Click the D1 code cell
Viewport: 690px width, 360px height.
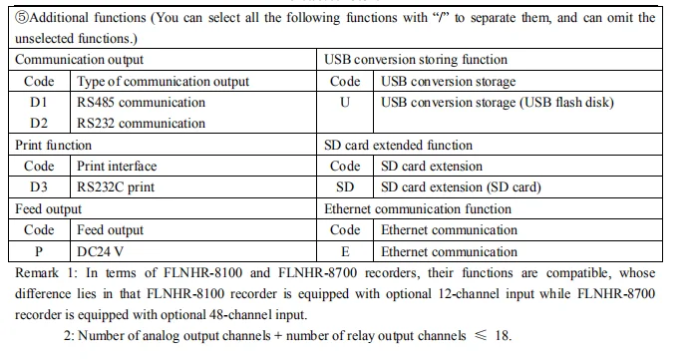pyautogui.click(x=39, y=102)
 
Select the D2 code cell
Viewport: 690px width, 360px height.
pyautogui.click(x=39, y=124)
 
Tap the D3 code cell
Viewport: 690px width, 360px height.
pyautogui.click(x=39, y=187)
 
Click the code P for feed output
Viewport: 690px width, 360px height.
pyautogui.click(x=39, y=251)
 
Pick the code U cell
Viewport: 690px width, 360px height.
pyautogui.click(x=345, y=102)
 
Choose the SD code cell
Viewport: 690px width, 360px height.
pyautogui.click(x=345, y=187)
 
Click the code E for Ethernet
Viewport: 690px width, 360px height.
pyautogui.click(x=345, y=251)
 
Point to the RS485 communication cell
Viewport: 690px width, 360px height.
pyautogui.click(x=141, y=102)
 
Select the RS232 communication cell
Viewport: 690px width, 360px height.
pyautogui.click(x=141, y=124)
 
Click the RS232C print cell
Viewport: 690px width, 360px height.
pyautogui.click(x=116, y=187)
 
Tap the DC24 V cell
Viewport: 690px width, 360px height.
pyautogui.click(x=100, y=251)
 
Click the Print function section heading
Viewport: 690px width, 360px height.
pyautogui.click(x=53, y=145)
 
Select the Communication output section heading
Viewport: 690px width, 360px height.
pyautogui.click(x=79, y=60)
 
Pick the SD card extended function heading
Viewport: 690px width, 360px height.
pyautogui.click(x=398, y=145)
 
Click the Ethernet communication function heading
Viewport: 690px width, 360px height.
pyautogui.click(x=418, y=208)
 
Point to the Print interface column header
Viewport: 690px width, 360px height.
pyautogui.click(x=117, y=166)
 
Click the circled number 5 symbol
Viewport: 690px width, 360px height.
pyautogui.click(x=22, y=18)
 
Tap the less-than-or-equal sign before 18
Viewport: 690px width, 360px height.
pyautogui.click(x=481, y=335)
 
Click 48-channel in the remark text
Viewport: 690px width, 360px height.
pyautogui.click(x=239, y=315)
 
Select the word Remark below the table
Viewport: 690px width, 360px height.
pyautogui.click(x=37, y=273)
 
